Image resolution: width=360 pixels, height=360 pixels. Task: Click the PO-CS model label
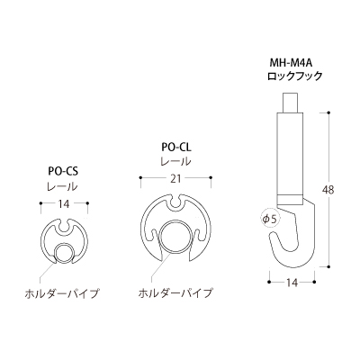click(63, 171)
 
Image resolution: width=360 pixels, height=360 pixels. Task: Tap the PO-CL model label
click(176, 148)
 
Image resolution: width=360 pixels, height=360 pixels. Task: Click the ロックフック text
click(295, 76)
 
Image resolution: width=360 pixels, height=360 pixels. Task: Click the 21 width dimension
click(176, 179)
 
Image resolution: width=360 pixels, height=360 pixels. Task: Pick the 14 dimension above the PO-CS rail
click(64, 204)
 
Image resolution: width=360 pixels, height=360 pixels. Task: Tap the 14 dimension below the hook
click(292, 283)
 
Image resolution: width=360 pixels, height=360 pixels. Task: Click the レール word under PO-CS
click(62, 186)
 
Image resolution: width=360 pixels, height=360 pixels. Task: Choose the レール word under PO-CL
click(175, 162)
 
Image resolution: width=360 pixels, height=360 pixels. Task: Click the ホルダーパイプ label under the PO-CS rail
click(62, 293)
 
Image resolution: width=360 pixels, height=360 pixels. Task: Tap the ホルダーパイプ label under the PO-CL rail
click(175, 293)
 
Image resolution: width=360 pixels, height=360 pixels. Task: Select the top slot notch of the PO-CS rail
click(64, 229)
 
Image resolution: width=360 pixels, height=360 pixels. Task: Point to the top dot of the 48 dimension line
click(329, 112)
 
